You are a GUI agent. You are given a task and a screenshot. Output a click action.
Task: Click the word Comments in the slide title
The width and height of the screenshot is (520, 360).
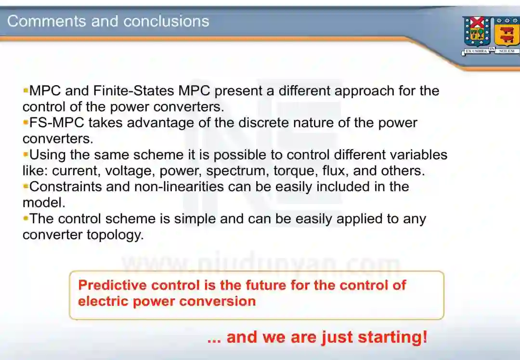[x=47, y=21]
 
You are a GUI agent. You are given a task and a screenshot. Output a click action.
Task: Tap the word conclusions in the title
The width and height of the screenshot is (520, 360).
[x=166, y=21]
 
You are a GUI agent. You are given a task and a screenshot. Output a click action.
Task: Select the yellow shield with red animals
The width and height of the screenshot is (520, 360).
[x=507, y=32]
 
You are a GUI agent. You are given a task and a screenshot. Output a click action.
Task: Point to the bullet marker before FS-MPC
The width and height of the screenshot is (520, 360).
[x=26, y=122]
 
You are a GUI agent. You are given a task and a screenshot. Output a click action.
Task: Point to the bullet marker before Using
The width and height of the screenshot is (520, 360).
[x=26, y=154]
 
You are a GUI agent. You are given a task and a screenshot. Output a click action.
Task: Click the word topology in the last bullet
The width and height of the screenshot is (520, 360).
[x=116, y=235]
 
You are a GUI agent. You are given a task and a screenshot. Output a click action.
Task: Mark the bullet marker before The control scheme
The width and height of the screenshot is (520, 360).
[x=26, y=218]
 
